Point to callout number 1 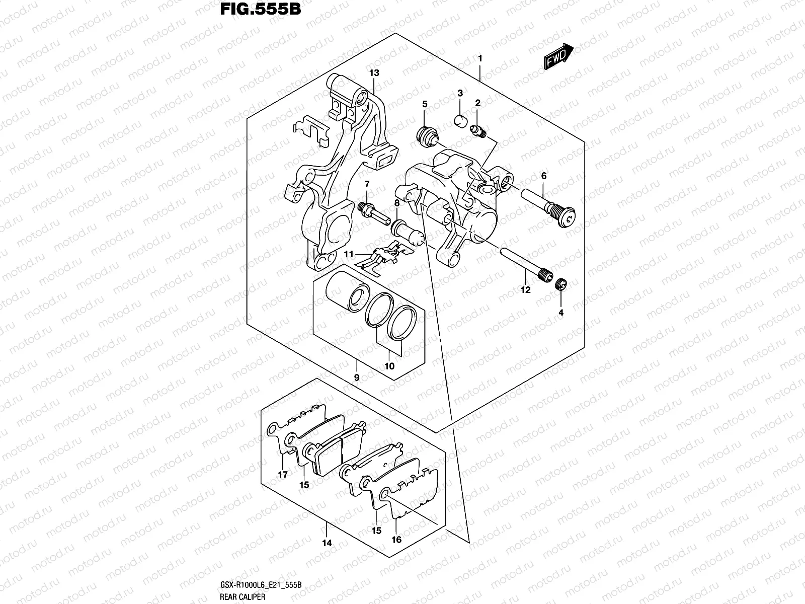pyautogui.click(x=480, y=59)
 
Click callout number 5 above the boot pyautogui.click(x=425, y=104)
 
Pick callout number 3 pyautogui.click(x=460, y=93)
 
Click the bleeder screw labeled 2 pyautogui.click(x=478, y=132)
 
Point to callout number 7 pyautogui.click(x=367, y=184)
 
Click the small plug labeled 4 pyautogui.click(x=561, y=285)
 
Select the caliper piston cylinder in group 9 pyautogui.click(x=345, y=292)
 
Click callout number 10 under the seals pyautogui.click(x=389, y=366)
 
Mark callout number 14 pyautogui.click(x=327, y=543)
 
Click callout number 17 pyautogui.click(x=283, y=474)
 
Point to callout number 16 pyautogui.click(x=396, y=540)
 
